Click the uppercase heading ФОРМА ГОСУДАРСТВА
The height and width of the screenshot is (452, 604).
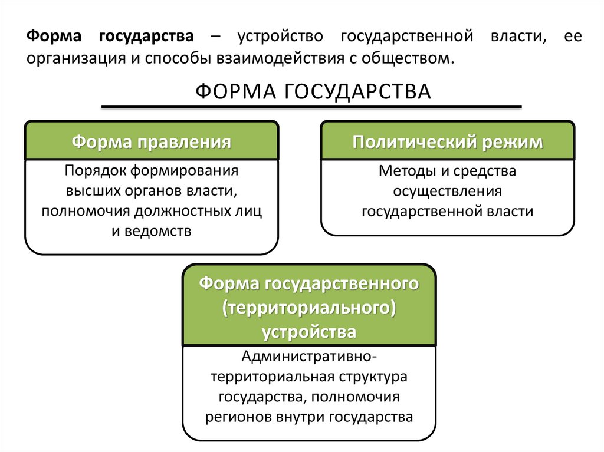[x=313, y=92]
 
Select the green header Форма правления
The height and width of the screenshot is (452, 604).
[x=151, y=143]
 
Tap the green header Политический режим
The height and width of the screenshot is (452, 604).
[x=448, y=143]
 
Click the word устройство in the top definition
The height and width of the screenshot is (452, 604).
[x=281, y=37]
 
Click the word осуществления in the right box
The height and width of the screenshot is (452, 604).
[x=447, y=192]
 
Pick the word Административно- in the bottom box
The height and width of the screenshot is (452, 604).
[x=308, y=357]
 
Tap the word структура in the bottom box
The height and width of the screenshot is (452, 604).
[x=372, y=376]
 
